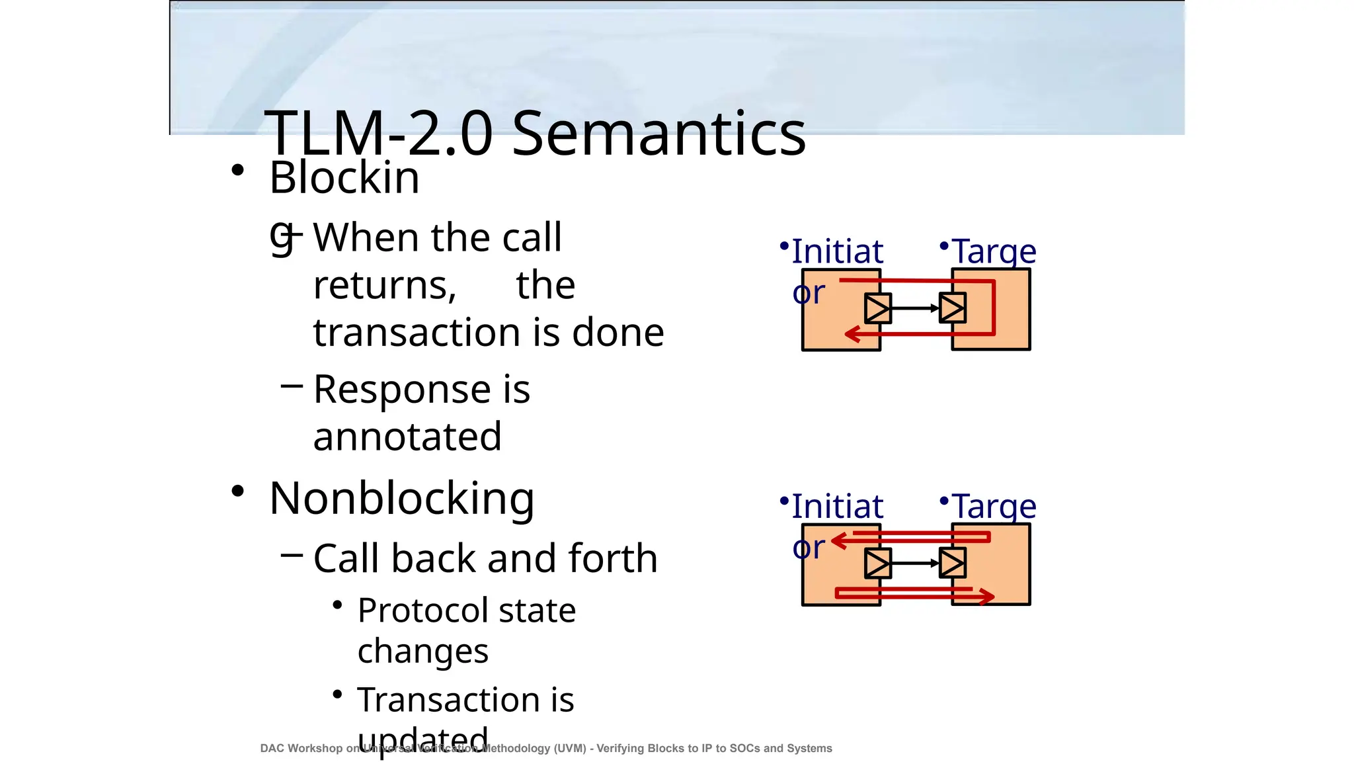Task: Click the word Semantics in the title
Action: tap(658, 134)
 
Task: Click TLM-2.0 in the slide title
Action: tap(378, 134)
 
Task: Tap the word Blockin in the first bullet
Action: tap(344, 178)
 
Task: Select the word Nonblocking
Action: tap(402, 499)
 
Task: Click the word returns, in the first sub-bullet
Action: tap(385, 286)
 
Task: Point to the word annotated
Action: tap(407, 437)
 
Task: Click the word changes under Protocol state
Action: tap(423, 652)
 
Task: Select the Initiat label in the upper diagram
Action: tap(837, 251)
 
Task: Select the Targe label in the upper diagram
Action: tap(994, 251)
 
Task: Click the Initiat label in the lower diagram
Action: tap(837, 507)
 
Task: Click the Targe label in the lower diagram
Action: tap(994, 507)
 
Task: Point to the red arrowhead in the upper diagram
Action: tap(852, 334)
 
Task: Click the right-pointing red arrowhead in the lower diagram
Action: tap(987, 596)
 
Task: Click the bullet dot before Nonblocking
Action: tap(238, 491)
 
